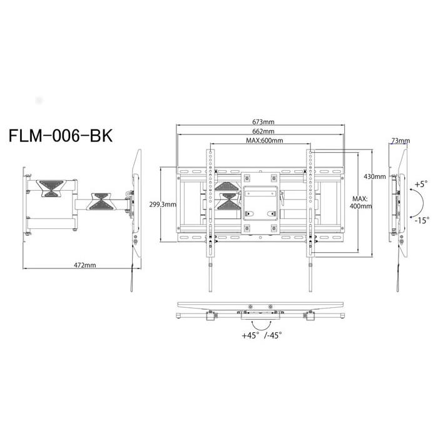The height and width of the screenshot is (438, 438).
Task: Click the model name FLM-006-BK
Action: click(61, 136)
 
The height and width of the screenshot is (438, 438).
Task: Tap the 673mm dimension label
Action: click(263, 122)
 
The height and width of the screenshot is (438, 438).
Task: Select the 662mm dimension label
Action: click(263, 131)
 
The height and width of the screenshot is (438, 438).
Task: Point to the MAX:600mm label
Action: click(264, 140)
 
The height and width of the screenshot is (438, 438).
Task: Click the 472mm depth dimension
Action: click(85, 265)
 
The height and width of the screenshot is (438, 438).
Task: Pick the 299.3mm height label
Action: click(163, 204)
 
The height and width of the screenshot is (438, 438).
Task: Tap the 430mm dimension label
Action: click(375, 176)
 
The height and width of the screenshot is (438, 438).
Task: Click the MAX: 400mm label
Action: click(360, 203)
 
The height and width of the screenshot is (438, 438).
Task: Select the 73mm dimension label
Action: click(400, 141)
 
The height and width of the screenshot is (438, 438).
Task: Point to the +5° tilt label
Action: click(421, 185)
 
